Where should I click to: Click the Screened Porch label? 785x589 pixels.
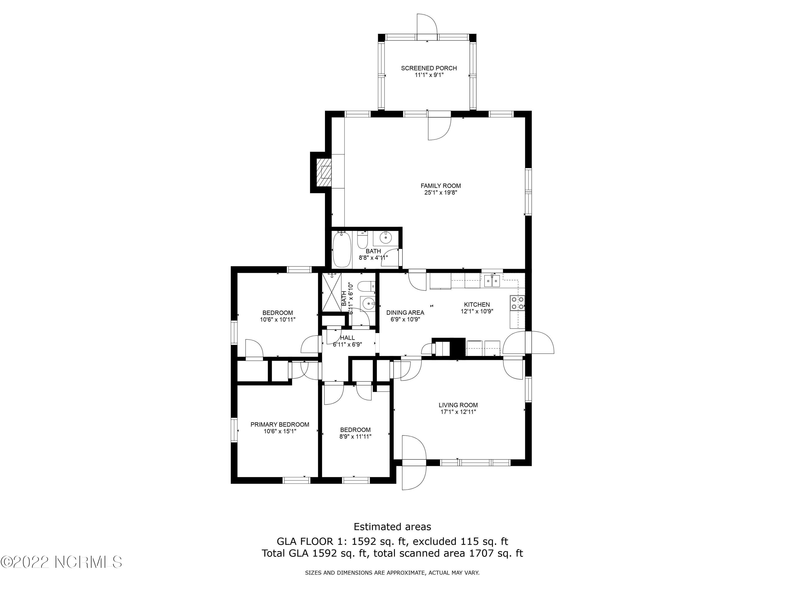coord(429,68)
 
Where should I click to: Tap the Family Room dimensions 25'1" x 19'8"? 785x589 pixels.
coord(440,193)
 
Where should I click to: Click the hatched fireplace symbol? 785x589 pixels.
coord(324,173)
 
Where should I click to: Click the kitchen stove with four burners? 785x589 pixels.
coord(517,303)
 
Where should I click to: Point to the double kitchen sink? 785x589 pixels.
coord(492,281)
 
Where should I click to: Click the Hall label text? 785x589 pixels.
coord(347,338)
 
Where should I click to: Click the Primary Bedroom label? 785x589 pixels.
coord(280,425)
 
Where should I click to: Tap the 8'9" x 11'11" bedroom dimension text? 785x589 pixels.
coord(355,437)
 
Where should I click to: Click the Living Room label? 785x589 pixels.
coord(458,405)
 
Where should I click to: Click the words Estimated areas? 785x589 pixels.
coord(392,526)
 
